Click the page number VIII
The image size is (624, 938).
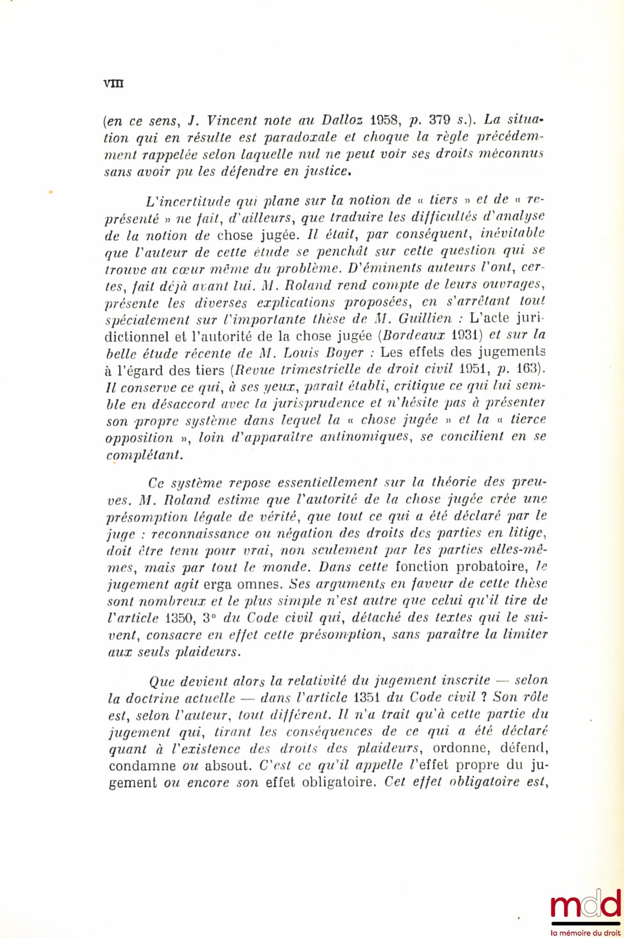point(113,83)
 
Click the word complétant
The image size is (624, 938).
point(144,454)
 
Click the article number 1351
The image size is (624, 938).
point(366,697)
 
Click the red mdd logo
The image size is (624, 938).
point(586,906)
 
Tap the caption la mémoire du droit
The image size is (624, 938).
point(586,932)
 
